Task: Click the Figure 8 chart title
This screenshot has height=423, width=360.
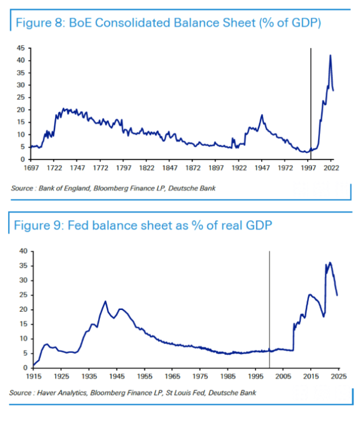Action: [167, 24]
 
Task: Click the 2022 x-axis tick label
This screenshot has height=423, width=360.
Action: [332, 169]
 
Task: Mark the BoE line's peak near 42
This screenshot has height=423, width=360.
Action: [330, 56]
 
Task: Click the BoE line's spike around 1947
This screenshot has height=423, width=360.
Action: [262, 115]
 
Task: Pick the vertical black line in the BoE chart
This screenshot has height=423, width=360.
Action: [311, 103]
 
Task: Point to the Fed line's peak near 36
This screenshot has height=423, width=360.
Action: [330, 263]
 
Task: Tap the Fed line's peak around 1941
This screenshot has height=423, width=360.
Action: [105, 301]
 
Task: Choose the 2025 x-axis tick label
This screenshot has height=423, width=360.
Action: [338, 377]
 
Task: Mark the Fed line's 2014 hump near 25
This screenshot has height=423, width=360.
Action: [310, 295]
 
